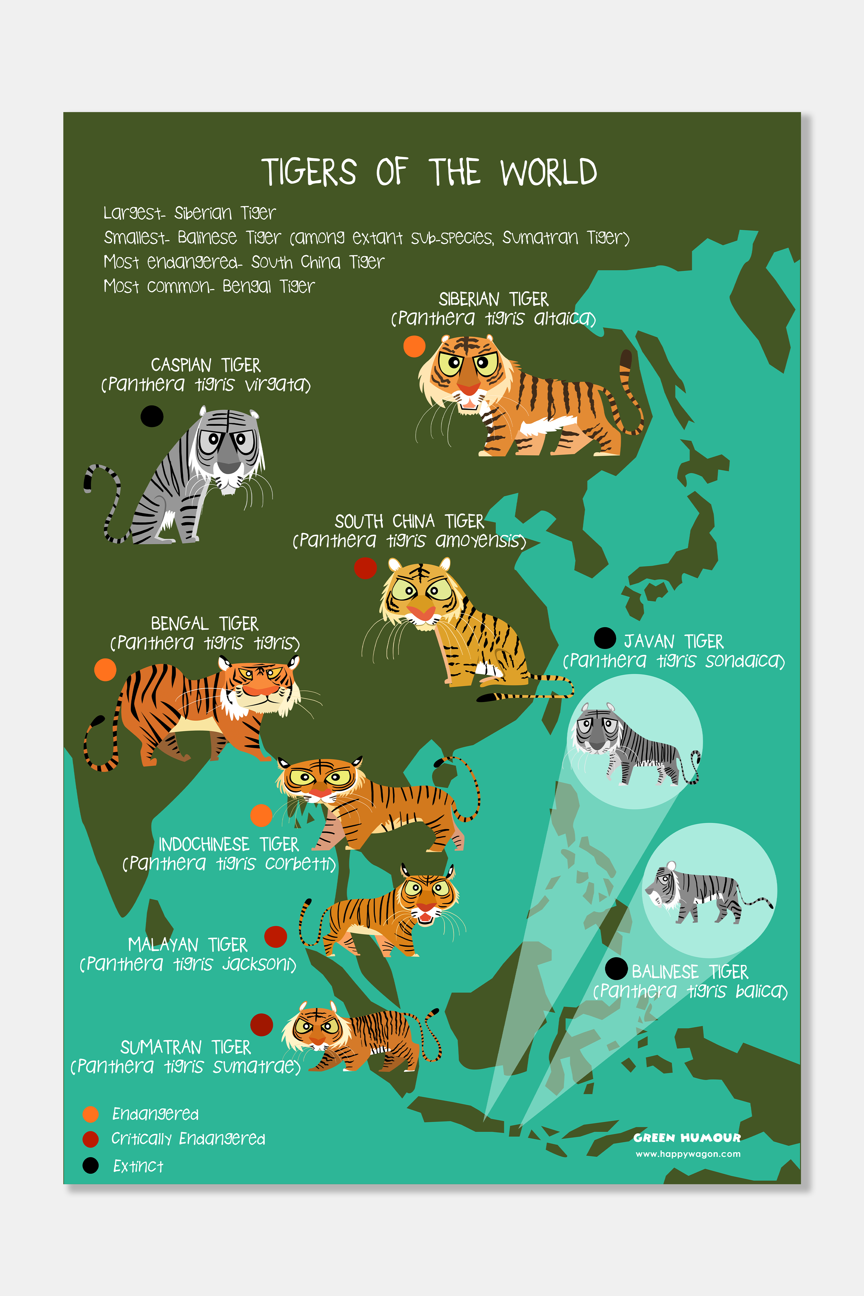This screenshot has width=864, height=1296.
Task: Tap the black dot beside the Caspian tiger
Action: [152, 416]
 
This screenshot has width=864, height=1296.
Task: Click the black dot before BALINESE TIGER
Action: [616, 969]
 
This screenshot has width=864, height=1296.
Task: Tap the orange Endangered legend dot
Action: [90, 1114]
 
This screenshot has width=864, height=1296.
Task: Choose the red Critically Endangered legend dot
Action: [90, 1139]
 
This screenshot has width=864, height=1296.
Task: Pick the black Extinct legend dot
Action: [90, 1165]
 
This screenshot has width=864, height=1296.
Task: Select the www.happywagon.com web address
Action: [688, 1154]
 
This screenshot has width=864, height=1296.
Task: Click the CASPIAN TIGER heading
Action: [206, 365]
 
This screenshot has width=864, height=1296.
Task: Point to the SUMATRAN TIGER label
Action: [185, 1047]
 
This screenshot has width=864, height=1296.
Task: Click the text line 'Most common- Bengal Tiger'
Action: [209, 286]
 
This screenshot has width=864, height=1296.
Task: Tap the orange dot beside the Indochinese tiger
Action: [261, 815]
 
